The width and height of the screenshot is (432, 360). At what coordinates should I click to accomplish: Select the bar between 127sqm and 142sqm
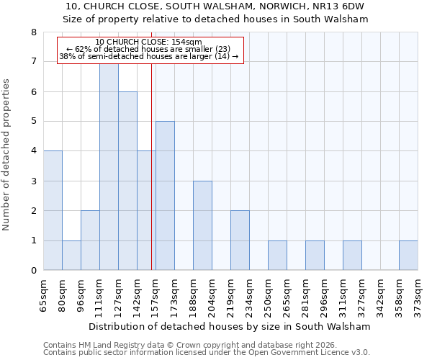pos(127,181)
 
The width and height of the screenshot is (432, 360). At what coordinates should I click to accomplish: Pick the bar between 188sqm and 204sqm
pos(202,225)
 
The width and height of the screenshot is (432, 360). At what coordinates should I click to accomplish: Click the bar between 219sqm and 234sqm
pos(240,240)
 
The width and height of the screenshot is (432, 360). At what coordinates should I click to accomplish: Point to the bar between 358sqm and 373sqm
pos(408,256)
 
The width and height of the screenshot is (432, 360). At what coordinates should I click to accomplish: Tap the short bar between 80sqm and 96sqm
pos(71,256)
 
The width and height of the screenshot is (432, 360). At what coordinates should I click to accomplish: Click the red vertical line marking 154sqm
pos(151,166)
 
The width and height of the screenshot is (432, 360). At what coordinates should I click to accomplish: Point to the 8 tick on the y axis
pos(33,32)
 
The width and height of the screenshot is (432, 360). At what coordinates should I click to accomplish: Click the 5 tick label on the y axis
pos(33,122)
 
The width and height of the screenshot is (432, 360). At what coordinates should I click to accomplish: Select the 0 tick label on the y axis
pos(33,271)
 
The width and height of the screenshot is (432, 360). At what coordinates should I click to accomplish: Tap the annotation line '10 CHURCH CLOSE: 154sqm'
pos(148,42)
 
